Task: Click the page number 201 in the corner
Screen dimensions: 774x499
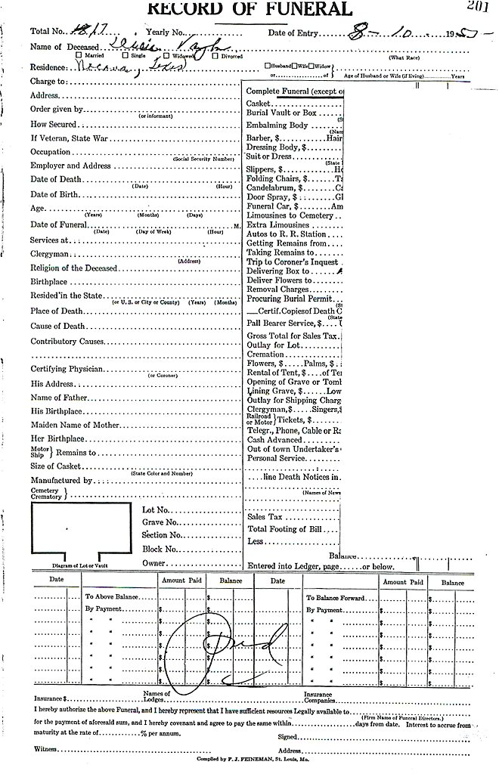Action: pyautogui.click(x=478, y=7)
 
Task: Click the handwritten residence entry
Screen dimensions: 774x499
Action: pyautogui.click(x=115, y=65)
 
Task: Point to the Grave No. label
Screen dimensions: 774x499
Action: pyautogui.click(x=160, y=522)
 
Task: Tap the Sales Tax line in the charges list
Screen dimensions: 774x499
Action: pyautogui.click(x=265, y=517)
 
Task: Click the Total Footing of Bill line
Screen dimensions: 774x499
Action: pyautogui.click(x=291, y=528)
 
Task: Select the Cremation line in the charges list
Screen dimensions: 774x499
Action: pyautogui.click(x=265, y=354)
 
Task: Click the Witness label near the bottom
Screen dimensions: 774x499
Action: pyautogui.click(x=46, y=748)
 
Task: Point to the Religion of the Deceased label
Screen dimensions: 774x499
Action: pyautogui.click(x=73, y=268)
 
